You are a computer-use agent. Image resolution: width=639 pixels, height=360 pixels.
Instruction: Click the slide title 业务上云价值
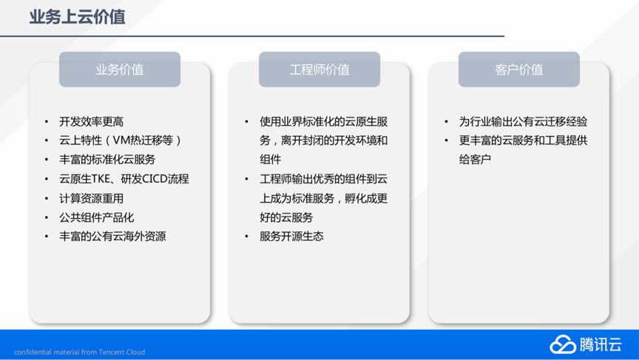pyautogui.click(x=77, y=17)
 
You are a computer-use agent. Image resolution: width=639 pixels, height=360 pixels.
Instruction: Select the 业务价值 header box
pyautogui.click(x=119, y=69)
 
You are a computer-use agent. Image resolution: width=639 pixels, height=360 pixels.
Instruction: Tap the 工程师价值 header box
pyautogui.click(x=319, y=69)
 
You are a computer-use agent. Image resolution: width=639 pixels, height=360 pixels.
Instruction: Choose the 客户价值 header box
pyautogui.click(x=518, y=69)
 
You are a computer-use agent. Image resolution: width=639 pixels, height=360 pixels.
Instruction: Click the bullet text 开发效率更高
pyautogui.click(x=91, y=121)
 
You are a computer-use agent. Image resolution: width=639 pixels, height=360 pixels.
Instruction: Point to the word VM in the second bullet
pyautogui.click(x=121, y=140)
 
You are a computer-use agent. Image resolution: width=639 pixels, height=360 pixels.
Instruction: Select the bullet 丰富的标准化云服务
pyautogui.click(x=107, y=159)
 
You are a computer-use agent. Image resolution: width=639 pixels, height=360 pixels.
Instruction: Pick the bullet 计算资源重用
pyautogui.click(x=91, y=198)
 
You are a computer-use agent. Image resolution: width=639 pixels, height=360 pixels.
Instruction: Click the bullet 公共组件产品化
pyautogui.click(x=97, y=217)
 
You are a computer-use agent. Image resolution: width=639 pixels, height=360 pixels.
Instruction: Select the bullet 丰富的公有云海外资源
pyautogui.click(x=112, y=237)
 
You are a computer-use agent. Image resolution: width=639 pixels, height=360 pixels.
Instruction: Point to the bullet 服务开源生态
pyautogui.click(x=291, y=237)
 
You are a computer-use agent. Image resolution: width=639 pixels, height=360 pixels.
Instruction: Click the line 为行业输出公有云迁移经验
pyautogui.click(x=523, y=121)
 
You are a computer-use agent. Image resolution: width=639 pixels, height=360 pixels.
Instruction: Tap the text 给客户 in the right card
pyautogui.click(x=475, y=159)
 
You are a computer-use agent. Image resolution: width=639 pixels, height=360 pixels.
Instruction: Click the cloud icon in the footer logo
pyautogui.click(x=562, y=344)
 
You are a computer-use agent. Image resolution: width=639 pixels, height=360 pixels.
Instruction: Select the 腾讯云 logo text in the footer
pyautogui.click(x=601, y=344)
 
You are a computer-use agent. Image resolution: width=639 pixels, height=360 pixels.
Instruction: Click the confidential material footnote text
pyautogui.click(x=79, y=352)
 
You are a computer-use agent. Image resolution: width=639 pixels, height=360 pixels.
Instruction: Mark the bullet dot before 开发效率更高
pyautogui.click(x=47, y=122)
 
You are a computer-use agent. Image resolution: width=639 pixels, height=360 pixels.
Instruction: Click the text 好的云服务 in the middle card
pyautogui.click(x=286, y=217)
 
